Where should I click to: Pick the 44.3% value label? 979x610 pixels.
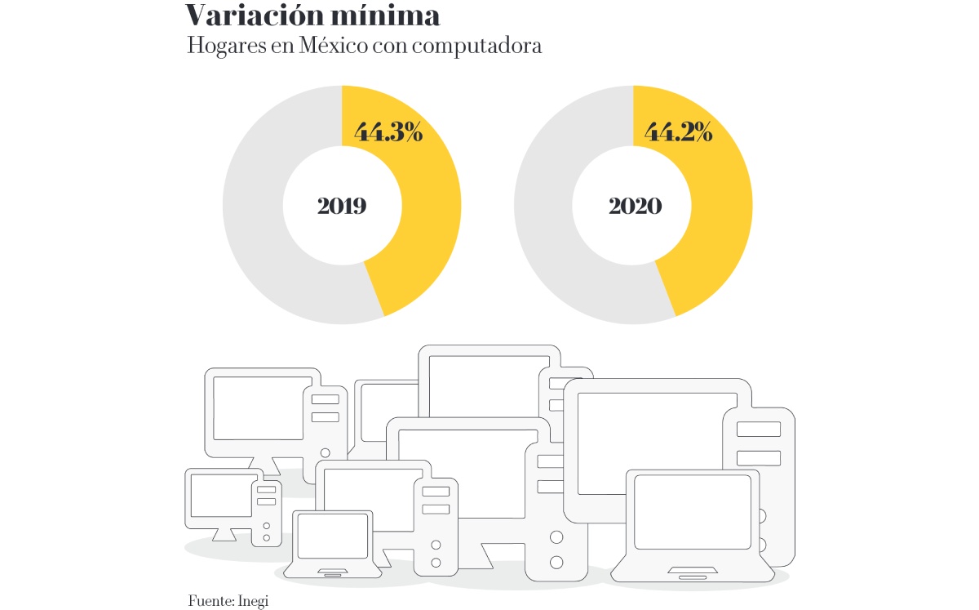click(388, 131)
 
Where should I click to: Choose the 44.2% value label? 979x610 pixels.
click(679, 131)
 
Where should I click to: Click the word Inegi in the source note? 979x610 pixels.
click(253, 601)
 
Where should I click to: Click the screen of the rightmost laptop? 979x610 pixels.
click(693, 512)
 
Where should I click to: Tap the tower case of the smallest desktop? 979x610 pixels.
click(266, 513)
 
